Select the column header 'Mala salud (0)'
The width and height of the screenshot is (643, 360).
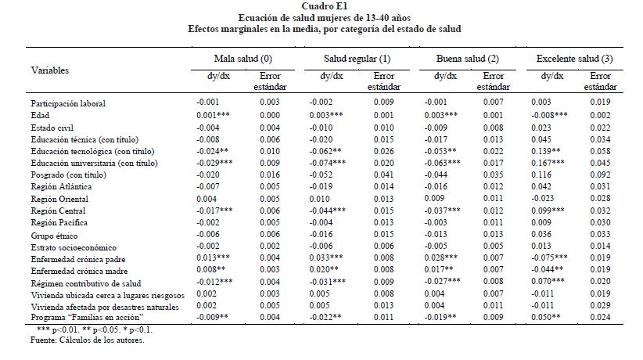pos(243,59)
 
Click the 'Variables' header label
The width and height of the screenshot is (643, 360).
pos(49,70)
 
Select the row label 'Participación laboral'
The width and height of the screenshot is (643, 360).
pos(67,103)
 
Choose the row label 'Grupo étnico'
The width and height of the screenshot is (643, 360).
pos(52,234)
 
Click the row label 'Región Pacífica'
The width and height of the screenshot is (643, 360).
pos(59,223)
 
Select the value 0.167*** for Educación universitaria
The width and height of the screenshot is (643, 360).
pos(555,163)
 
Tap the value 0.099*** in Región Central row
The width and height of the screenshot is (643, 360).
pos(555,211)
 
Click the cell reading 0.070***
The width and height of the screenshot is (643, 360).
pos(555,281)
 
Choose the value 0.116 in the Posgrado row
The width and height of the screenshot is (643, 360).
pos(548,175)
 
